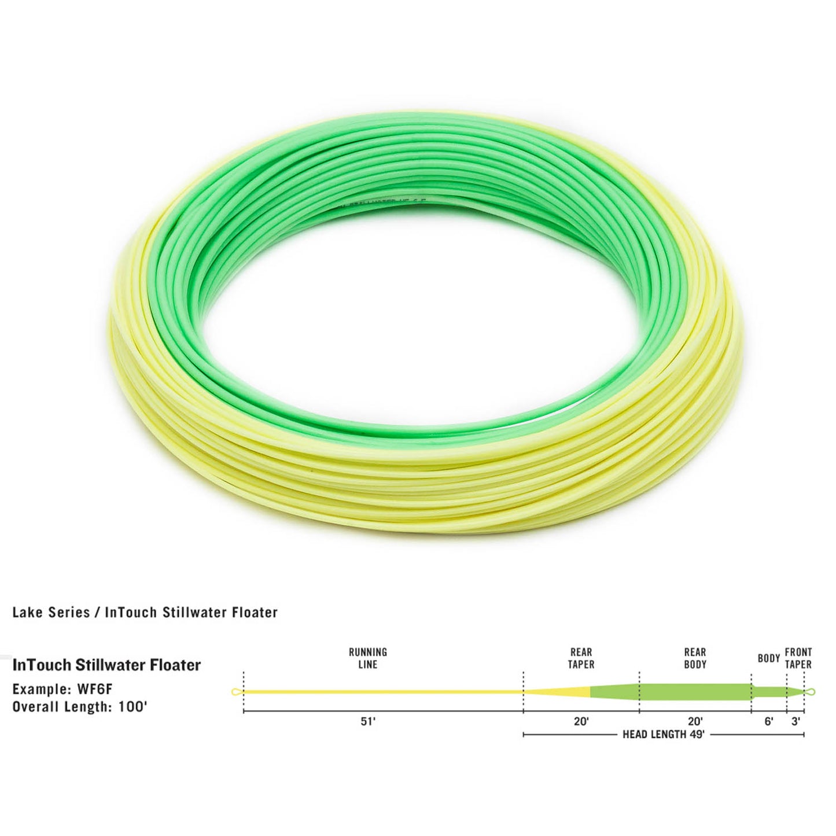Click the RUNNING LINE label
click(x=368, y=658)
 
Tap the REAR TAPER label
click(x=581, y=658)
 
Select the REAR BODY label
click(x=695, y=658)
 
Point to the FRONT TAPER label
click(x=798, y=658)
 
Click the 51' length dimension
click(x=368, y=721)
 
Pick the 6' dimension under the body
click(x=769, y=721)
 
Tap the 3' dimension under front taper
click(x=796, y=721)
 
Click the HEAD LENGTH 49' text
click(x=663, y=735)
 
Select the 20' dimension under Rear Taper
click(x=581, y=721)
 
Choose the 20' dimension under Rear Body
click(x=695, y=721)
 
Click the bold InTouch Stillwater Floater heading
click(x=106, y=665)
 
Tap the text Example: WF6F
click(x=66, y=690)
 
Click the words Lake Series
click(x=51, y=612)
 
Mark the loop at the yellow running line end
click(x=236, y=692)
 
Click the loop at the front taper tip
click(x=810, y=692)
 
